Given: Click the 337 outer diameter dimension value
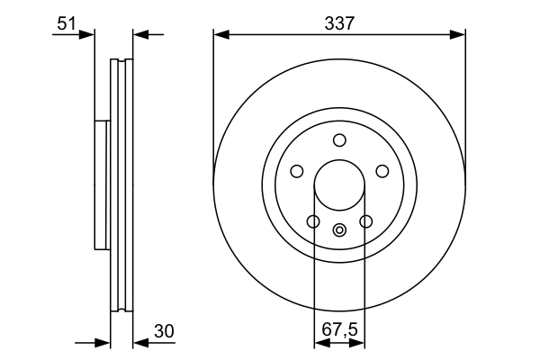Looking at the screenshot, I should (x=339, y=23).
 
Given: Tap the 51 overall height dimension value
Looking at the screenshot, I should (x=66, y=23).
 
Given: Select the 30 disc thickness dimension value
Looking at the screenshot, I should (x=162, y=331).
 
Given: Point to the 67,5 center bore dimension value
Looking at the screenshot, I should (x=339, y=331).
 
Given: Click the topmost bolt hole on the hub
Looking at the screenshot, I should (x=339, y=139).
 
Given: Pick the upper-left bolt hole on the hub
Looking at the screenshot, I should (x=297, y=171).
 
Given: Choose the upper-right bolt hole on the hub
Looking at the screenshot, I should (x=382, y=171).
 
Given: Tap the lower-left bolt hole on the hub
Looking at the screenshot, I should (x=313, y=221).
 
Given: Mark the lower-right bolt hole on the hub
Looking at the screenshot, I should (x=365, y=221).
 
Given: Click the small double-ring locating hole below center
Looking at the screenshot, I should (x=339, y=229).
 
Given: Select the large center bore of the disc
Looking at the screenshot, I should (x=339, y=184).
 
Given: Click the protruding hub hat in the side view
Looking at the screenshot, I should (x=101, y=184).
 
